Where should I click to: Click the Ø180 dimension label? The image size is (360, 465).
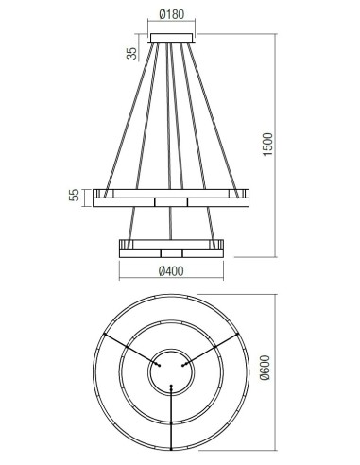click(172, 14)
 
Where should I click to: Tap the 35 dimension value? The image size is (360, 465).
click(132, 53)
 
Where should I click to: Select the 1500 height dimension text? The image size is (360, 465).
click(267, 144)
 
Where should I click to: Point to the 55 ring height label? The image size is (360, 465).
click(74, 195)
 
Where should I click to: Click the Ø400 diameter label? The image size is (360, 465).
click(171, 271)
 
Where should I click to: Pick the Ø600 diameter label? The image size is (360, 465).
click(266, 368)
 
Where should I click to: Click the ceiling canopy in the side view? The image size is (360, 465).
click(172, 38)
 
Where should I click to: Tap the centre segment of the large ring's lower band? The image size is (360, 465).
click(171, 202)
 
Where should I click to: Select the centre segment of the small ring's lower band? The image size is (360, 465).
click(171, 253)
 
